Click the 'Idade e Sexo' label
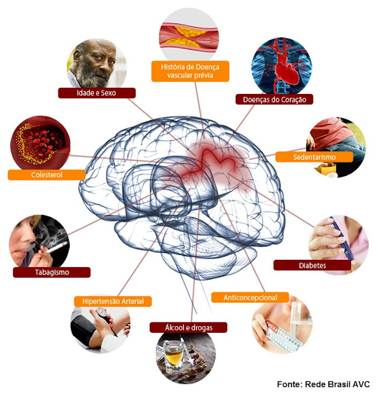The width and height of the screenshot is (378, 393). (x=97, y=93)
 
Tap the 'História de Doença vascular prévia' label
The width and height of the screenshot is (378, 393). (x=190, y=71)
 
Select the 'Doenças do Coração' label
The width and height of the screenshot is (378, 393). (x=274, y=99)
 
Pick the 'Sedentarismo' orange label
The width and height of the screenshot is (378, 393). (x=315, y=157)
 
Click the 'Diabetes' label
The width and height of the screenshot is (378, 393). (x=312, y=265)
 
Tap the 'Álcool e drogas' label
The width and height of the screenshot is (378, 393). (x=188, y=327)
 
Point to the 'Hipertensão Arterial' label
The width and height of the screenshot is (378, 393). (x=112, y=301)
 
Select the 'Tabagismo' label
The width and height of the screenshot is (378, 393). (x=52, y=272)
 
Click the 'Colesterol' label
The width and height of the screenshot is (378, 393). (x=47, y=175)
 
